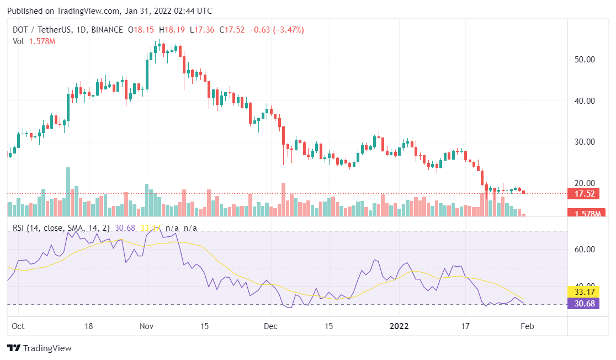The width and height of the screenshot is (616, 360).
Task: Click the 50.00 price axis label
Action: [584, 60]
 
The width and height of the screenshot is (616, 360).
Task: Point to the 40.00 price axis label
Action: [584, 101]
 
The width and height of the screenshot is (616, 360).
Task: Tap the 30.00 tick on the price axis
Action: [584, 142]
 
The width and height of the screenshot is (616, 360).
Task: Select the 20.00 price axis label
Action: [584, 183]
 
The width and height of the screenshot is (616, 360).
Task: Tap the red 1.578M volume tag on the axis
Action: [587, 214]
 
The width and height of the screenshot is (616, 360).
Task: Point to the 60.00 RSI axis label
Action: [584, 250]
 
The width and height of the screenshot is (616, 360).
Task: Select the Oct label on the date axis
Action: [19, 326]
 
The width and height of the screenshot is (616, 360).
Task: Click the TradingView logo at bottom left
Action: [39, 348]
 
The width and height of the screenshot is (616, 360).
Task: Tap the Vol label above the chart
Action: [18, 41]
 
